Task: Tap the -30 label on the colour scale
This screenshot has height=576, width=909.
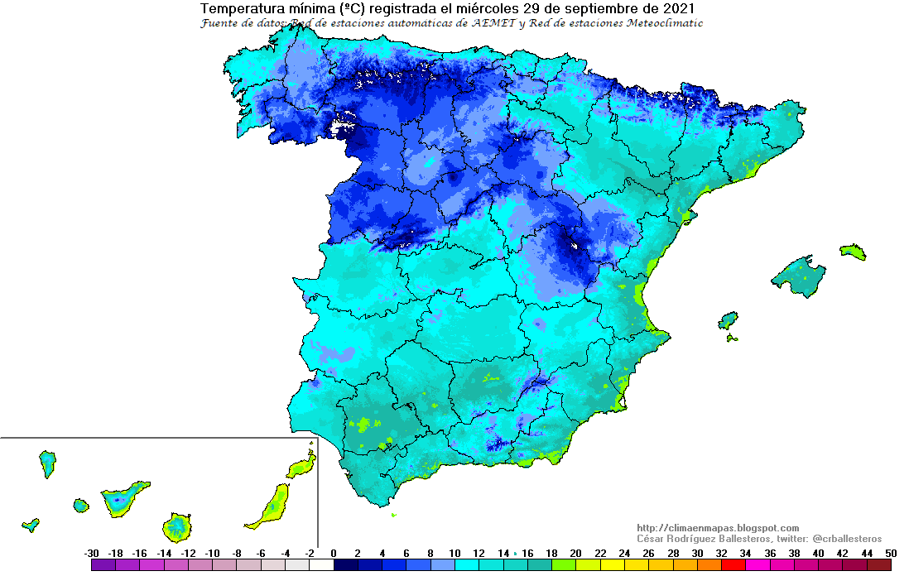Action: coord(92,553)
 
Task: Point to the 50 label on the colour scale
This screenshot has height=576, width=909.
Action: coord(891,553)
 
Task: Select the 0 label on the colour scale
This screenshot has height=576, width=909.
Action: coord(334,553)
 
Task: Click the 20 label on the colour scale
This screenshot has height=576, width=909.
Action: coord(575,553)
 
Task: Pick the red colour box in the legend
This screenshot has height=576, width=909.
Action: coord(733,565)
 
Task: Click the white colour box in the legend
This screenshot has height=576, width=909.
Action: coord(321,565)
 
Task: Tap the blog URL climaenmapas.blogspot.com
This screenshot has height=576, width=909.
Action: coord(718,528)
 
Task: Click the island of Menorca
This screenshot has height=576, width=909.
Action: coord(853,252)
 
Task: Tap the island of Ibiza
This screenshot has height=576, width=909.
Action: coord(728,319)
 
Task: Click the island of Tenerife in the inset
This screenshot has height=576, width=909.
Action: coord(123,498)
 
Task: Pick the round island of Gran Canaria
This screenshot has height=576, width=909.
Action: coord(176,526)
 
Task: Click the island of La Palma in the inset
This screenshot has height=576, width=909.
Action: coord(47,463)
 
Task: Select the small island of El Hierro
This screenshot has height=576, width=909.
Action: coord(31,524)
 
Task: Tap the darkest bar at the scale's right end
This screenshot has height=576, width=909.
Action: coord(878,565)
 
